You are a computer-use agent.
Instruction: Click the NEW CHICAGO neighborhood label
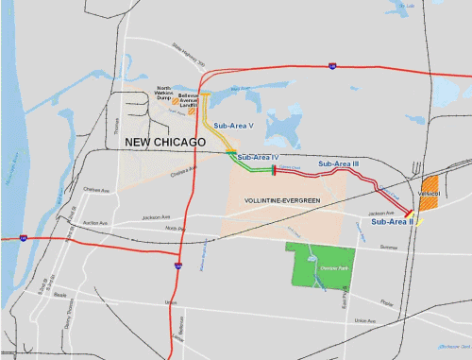[x=166, y=142]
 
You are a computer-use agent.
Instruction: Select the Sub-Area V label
[x=234, y=125]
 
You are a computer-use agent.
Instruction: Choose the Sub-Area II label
[x=390, y=222]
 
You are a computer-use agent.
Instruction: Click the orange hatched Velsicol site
[x=430, y=185]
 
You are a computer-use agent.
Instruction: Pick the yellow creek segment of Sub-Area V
[x=212, y=118]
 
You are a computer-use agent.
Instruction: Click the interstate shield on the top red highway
[x=331, y=66]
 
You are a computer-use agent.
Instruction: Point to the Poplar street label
[x=387, y=303]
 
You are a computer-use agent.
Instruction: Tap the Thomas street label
[x=119, y=122]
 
